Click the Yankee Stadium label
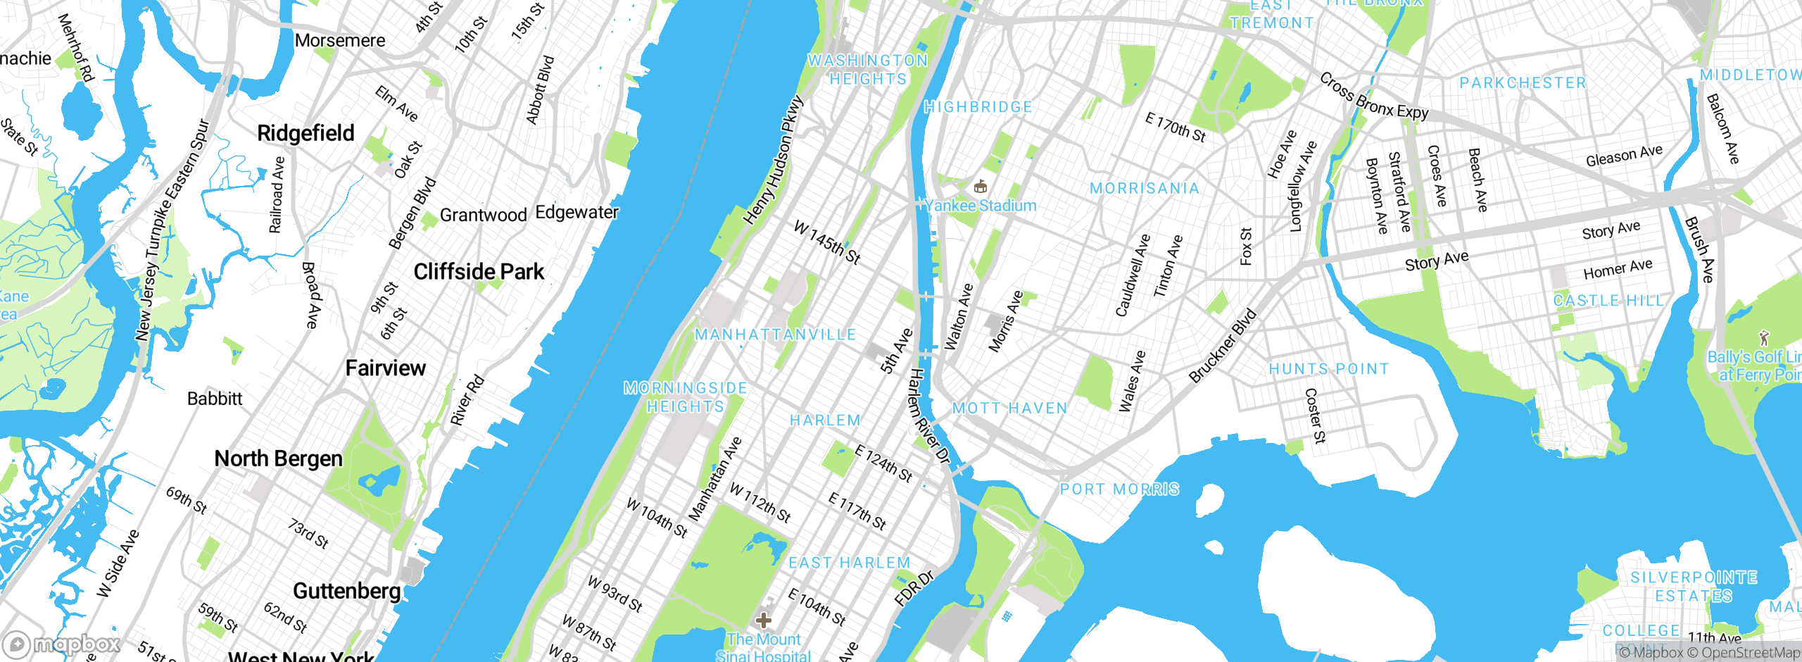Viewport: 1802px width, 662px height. [x=981, y=206]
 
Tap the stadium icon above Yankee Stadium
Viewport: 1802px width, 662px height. [x=980, y=187]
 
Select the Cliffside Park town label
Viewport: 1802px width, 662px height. [x=479, y=272]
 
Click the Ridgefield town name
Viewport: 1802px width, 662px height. [x=305, y=133]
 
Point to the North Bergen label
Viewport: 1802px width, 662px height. [x=278, y=458]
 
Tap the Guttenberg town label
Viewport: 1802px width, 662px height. [x=346, y=591]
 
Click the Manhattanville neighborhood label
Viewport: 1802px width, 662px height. [x=775, y=335]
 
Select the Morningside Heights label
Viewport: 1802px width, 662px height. [x=685, y=397]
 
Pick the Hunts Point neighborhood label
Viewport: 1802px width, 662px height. [x=1328, y=369]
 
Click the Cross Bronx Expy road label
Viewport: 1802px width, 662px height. [x=1373, y=96]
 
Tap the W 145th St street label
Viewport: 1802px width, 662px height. [x=827, y=242]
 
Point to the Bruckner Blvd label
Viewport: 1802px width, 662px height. [x=1223, y=346]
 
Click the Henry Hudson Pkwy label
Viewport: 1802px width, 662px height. [x=774, y=161]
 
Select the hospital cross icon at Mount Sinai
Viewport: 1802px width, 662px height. [x=763, y=620]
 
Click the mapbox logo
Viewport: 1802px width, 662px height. [x=62, y=644]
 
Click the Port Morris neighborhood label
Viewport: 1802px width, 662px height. [x=1119, y=489]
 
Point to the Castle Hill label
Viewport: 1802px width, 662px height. [x=1608, y=301]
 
